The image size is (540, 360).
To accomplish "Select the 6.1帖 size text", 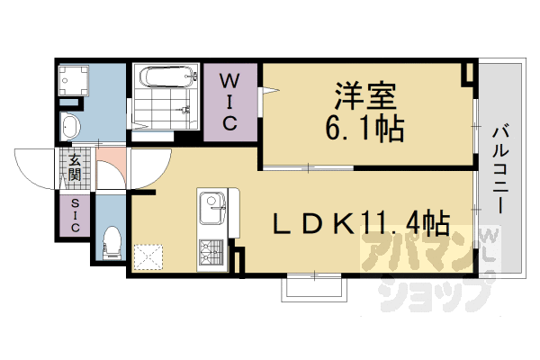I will point(365,129).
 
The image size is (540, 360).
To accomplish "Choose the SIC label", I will point(74,216).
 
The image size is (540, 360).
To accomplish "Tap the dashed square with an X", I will point(147,256).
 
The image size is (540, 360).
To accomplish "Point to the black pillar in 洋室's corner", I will point(468,73).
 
